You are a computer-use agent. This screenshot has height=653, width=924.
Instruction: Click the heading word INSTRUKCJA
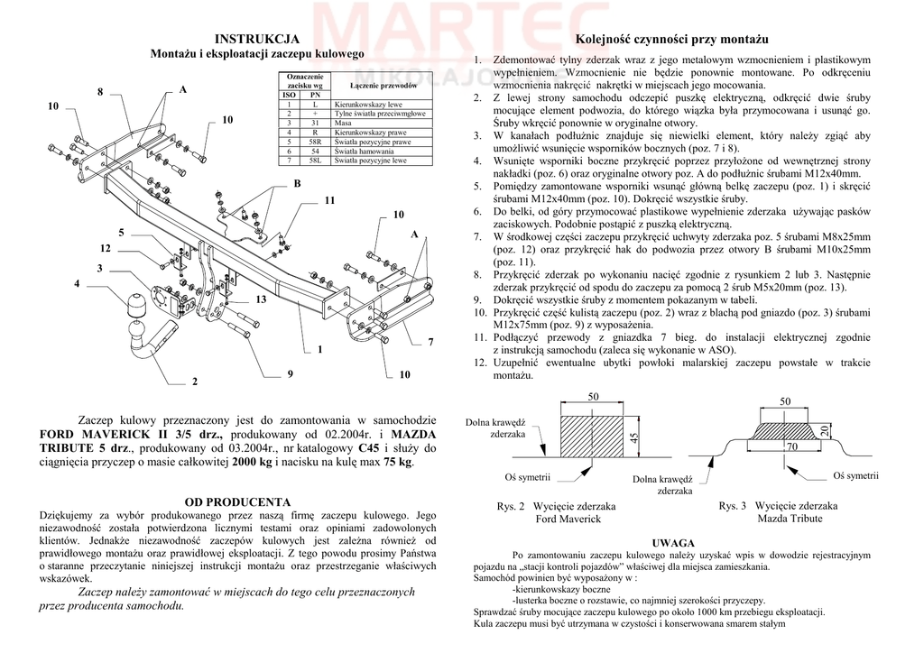click(257, 39)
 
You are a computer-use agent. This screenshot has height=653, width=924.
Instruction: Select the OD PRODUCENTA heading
click(237, 501)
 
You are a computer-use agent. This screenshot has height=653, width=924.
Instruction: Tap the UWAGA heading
click(672, 542)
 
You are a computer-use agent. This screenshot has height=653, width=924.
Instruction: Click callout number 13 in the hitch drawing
click(261, 299)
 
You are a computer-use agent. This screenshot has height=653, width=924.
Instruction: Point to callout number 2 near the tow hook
click(194, 382)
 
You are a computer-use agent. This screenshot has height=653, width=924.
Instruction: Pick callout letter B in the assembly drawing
click(296, 184)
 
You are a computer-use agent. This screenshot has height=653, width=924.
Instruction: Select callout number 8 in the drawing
click(100, 92)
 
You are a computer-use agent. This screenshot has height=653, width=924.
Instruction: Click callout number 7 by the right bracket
click(430, 342)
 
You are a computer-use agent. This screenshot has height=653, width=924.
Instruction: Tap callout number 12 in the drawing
click(106, 248)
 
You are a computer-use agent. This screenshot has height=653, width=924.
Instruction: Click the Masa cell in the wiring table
click(343, 124)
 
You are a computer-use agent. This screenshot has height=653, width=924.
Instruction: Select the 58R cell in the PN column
click(315, 142)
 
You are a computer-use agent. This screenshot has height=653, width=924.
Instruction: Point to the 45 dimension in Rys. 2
click(633, 438)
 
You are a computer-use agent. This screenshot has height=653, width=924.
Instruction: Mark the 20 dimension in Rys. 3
click(824, 430)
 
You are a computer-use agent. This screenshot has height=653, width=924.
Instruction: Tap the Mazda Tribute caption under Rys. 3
click(790, 519)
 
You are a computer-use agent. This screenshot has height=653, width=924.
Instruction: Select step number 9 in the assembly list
click(481, 299)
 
